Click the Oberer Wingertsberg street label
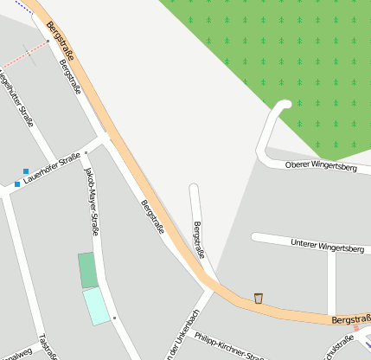coord(321,166)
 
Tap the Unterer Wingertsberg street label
coord(328,246)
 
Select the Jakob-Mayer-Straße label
coord(90,202)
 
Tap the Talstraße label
coord(48,347)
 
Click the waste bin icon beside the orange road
coord(259,299)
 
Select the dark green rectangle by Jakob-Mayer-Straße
coord(87,270)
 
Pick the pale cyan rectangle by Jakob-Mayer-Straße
coord(97,306)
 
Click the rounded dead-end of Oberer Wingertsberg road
coord(283,106)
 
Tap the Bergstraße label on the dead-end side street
coord(200,240)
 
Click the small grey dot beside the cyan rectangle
coord(114,318)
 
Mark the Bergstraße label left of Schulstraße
coord(350,319)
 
